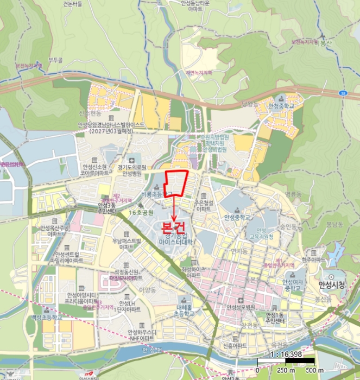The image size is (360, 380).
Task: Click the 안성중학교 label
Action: (237, 217)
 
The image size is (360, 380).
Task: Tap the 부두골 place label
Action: (56, 60)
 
